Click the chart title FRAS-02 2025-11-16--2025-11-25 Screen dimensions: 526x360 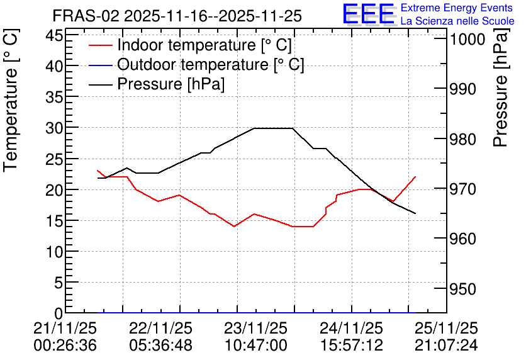(x=177, y=16)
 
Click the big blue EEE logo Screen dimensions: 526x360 (x=368, y=14)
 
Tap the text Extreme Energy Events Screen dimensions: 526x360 (x=457, y=8)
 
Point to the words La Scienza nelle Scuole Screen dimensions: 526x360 (x=457, y=21)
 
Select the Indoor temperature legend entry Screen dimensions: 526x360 (x=190, y=45)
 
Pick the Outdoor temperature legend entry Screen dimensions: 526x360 (x=196, y=64)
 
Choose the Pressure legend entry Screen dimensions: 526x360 (x=157, y=84)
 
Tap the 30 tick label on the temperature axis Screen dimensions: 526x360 (x=54, y=128)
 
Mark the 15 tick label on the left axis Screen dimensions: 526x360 (x=54, y=221)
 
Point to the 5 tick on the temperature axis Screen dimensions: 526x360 (x=59, y=283)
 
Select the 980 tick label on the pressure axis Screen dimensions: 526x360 (x=463, y=139)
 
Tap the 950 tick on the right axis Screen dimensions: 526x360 (x=463, y=289)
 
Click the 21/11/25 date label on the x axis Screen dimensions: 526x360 (x=65, y=328)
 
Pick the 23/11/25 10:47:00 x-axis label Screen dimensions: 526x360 (x=256, y=337)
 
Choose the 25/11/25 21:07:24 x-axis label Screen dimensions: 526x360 (x=447, y=337)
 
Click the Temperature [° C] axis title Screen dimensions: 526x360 (x=11, y=101)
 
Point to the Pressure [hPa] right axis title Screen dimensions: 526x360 (x=501, y=87)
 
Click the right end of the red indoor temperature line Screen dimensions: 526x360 (x=415, y=176)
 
